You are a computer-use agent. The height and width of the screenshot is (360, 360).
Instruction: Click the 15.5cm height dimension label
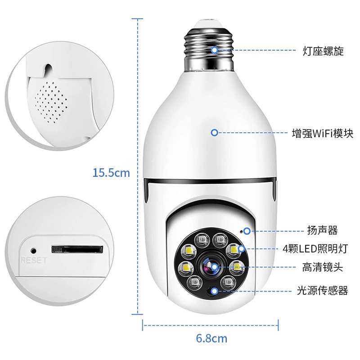[111, 173]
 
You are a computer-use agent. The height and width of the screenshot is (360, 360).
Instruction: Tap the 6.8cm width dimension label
[211, 338]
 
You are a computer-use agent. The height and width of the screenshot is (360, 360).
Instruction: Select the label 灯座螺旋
[323, 51]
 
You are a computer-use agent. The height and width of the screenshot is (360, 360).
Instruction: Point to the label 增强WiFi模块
[323, 133]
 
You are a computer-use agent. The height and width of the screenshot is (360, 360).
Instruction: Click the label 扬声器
[323, 230]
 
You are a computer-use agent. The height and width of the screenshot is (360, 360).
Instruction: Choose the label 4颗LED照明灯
[315, 249]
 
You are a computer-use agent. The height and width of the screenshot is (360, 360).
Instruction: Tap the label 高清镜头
[323, 267]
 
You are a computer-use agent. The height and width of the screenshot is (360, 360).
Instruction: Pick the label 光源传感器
[323, 290]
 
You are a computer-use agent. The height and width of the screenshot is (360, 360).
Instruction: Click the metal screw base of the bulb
[209, 49]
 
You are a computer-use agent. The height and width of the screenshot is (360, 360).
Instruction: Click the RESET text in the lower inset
[34, 260]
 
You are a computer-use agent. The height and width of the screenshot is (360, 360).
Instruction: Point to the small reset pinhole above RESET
[33, 251]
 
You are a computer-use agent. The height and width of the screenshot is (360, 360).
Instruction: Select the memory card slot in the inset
[77, 249]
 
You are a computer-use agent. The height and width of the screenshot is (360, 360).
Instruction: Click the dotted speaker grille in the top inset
[51, 102]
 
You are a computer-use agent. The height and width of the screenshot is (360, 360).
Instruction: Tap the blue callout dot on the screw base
[215, 50]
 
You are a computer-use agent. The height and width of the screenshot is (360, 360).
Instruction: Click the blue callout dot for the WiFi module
[215, 132]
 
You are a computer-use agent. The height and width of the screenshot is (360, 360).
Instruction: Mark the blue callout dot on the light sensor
[215, 291]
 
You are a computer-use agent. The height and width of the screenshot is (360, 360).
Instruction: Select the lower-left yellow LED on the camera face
[185, 267]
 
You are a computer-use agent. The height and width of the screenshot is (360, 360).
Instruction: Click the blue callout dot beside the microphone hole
[247, 231]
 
